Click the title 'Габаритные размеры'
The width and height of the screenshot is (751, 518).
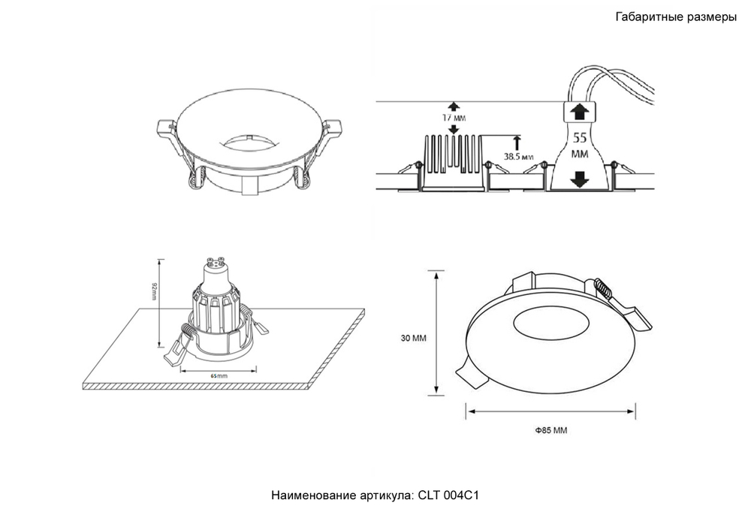[675, 18]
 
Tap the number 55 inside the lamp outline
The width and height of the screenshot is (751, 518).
[580, 139]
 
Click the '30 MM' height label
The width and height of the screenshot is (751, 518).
[413, 338]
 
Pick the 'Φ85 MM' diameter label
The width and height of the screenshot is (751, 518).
[550, 430]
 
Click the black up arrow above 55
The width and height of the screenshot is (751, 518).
[580, 113]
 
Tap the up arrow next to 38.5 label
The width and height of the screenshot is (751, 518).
[517, 143]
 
